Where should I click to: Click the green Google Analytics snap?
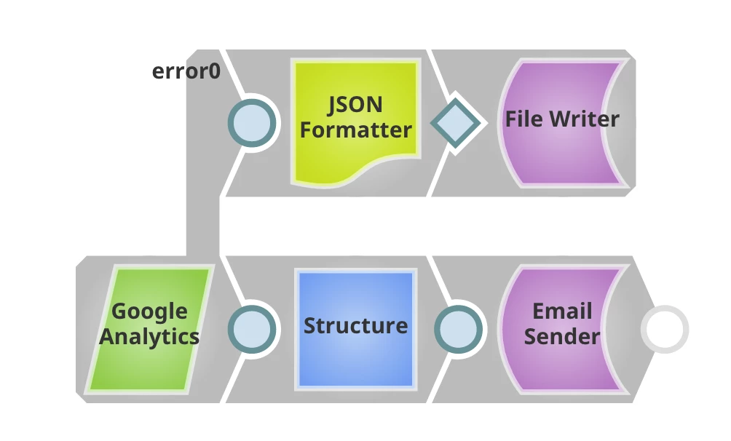[149, 329]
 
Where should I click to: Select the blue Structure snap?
[355, 329]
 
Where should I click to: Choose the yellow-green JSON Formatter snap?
[355, 120]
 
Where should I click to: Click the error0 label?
[186, 71]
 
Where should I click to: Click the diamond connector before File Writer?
[456, 122]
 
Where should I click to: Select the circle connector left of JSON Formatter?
[253, 122]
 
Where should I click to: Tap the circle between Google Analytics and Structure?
[253, 329]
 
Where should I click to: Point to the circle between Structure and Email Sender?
[458, 329]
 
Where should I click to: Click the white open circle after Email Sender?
[664, 330]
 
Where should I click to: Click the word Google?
[149, 312]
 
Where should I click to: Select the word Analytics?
[149, 336]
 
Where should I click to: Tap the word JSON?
[355, 105]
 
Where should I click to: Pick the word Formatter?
[356, 130]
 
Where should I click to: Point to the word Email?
[562, 311]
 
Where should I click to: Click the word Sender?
[562, 336]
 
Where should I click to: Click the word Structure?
[355, 325]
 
